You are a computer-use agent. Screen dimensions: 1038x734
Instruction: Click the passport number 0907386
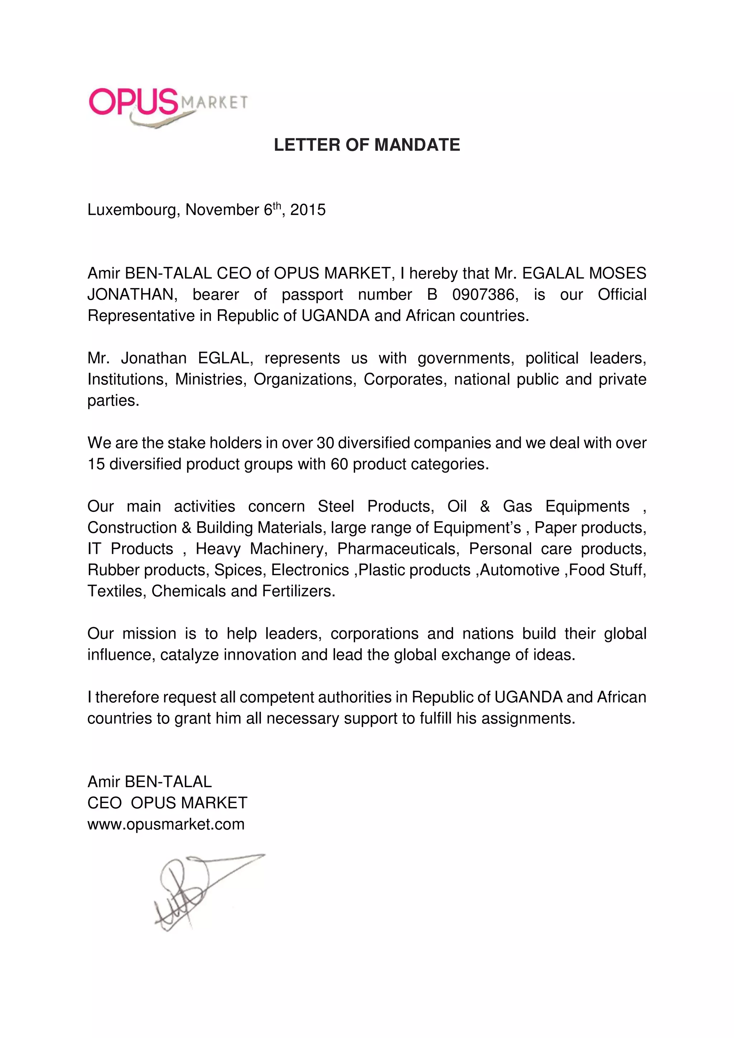485,295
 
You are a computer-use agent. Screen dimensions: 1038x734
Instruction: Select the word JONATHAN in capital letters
132,295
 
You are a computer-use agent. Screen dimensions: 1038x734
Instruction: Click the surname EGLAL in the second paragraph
223,359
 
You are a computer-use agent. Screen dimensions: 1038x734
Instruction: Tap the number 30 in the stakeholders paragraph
325,443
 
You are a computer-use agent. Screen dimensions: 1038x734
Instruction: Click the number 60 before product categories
339,464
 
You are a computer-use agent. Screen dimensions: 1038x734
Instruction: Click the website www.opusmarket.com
166,825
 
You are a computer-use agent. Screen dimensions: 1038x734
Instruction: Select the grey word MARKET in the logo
214,103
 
